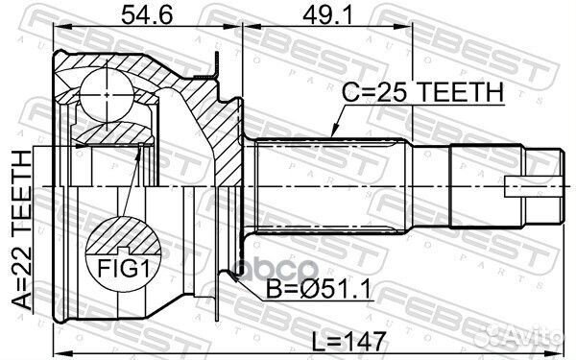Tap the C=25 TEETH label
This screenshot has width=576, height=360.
(423, 92)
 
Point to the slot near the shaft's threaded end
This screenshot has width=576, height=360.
(523, 190)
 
